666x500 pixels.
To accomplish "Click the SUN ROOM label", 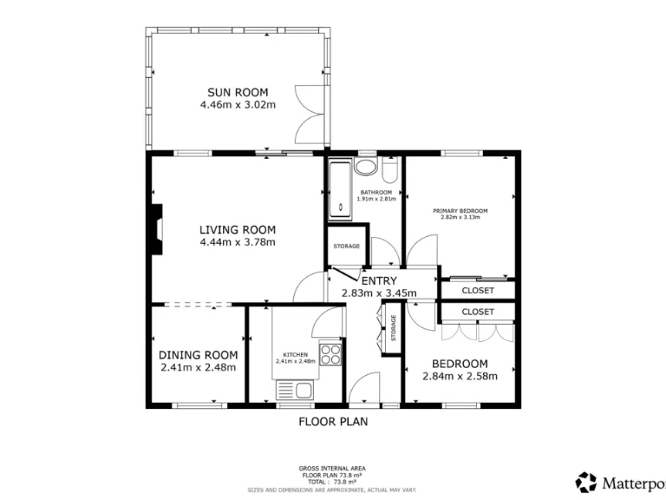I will tap(237, 93).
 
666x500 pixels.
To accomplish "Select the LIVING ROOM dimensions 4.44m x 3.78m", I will tap(237, 242).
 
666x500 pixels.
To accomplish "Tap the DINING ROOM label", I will tap(198, 355).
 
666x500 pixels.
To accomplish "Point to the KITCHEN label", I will tap(296, 354).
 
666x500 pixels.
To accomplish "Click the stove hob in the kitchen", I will tap(330, 354).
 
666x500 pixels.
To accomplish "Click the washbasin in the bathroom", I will tap(366, 167).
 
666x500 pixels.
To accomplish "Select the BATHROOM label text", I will tap(376, 192).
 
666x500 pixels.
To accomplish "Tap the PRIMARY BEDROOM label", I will tap(460, 211).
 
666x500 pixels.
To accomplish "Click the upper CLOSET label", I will tap(478, 290).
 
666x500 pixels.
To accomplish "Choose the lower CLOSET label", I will tap(478, 311).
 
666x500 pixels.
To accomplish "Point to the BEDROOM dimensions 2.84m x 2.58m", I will tap(460, 376).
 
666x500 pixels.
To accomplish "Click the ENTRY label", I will tap(379, 280).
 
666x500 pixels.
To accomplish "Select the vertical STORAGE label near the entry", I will tap(393, 328).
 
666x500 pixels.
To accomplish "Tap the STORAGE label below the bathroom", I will tap(346, 247).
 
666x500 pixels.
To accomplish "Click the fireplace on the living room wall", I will tap(154, 230).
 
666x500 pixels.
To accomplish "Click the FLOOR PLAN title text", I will tap(333, 423).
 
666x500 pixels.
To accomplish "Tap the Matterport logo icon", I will tap(586, 480).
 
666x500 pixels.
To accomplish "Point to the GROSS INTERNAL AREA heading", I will tap(333, 468).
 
